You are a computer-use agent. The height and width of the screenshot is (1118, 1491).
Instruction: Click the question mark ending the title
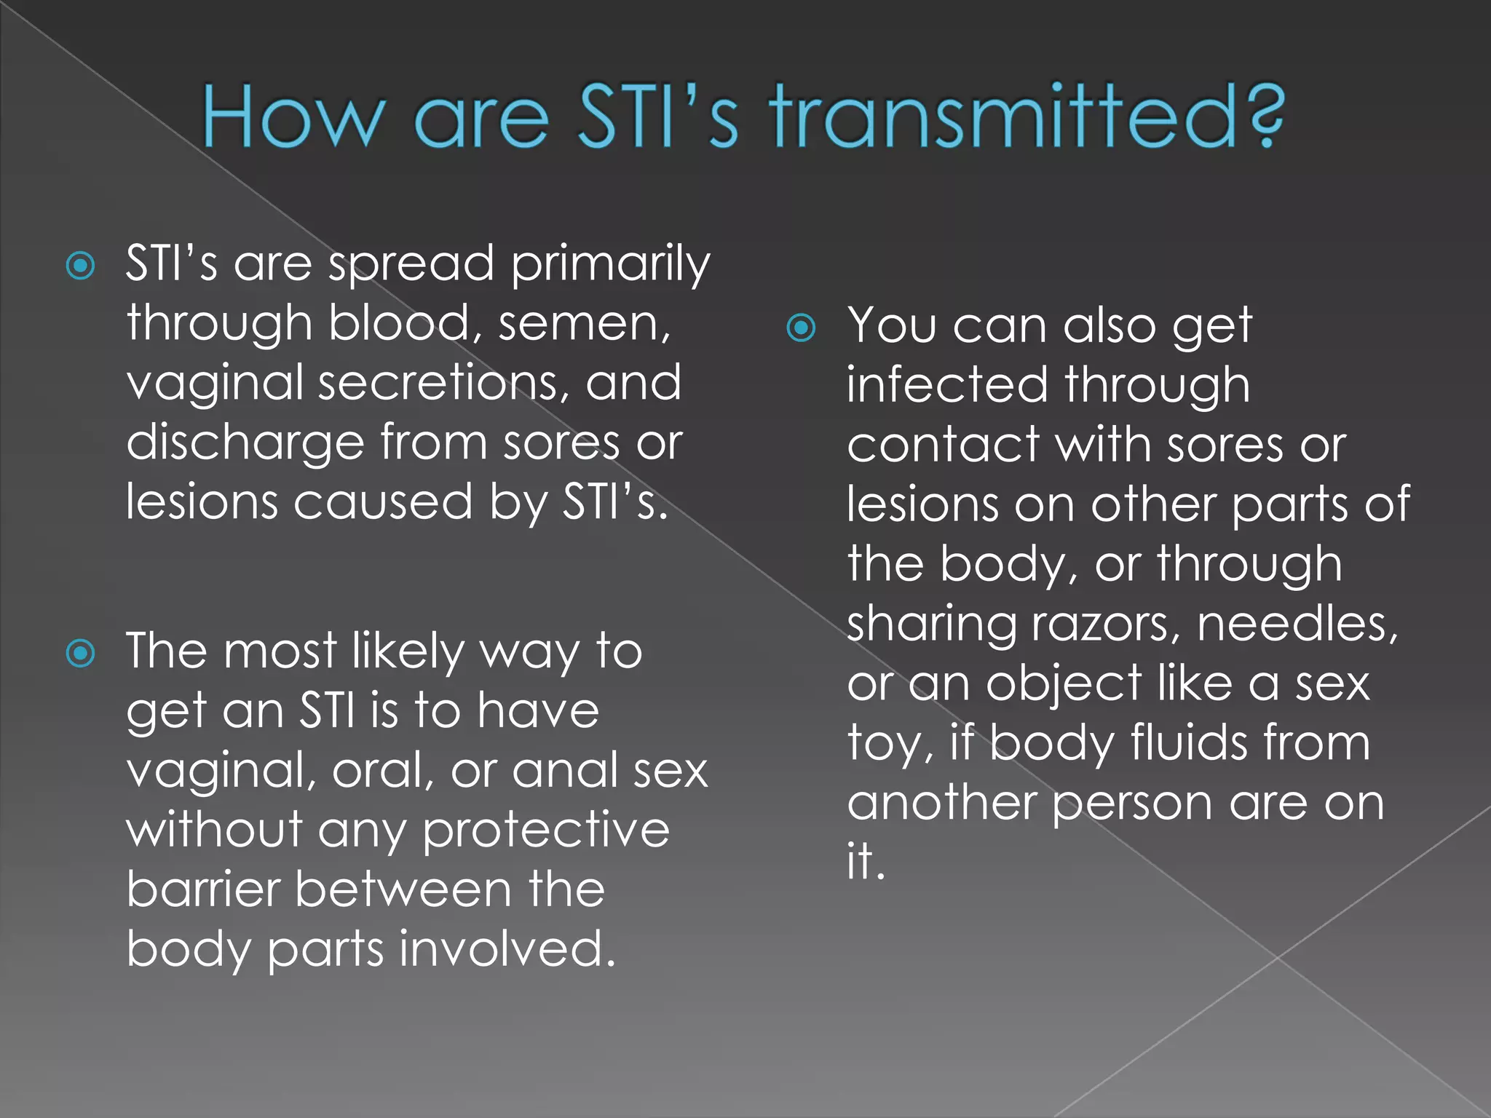(1262, 116)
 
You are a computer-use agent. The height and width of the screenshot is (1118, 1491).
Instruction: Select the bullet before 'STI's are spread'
(80, 266)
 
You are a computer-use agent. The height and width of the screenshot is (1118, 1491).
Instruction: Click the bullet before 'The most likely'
(80, 653)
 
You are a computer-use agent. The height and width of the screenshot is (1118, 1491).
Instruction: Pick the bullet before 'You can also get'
(802, 328)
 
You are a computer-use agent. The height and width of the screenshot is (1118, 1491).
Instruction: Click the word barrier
(203, 890)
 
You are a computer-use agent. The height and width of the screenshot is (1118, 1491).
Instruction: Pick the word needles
(1297, 624)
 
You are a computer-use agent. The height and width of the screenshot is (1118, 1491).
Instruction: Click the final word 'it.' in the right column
(865, 861)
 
